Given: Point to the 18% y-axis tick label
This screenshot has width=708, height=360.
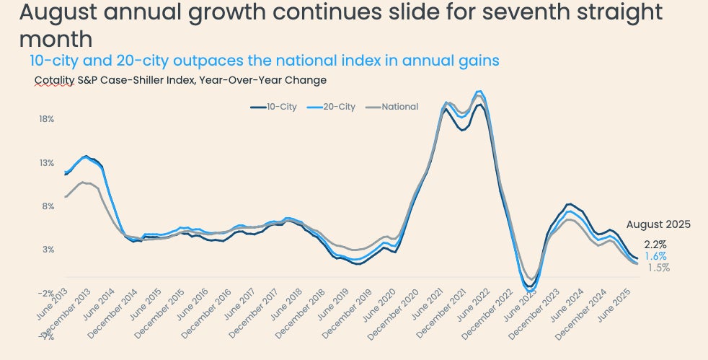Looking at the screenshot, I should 47,118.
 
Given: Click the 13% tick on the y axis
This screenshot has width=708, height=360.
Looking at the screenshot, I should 47,162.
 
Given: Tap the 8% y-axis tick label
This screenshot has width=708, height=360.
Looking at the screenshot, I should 48,206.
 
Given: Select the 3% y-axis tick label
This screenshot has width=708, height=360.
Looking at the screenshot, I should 48,250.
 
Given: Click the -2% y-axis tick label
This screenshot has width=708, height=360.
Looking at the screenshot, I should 47,293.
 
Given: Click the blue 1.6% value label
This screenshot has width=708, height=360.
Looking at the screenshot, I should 655,256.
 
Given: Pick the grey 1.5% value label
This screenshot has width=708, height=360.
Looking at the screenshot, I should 658,268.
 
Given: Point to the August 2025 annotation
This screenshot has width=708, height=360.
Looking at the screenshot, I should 658,224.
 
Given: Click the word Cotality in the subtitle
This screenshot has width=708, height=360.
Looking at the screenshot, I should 54,80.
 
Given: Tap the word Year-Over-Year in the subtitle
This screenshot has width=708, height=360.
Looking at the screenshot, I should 247,80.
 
